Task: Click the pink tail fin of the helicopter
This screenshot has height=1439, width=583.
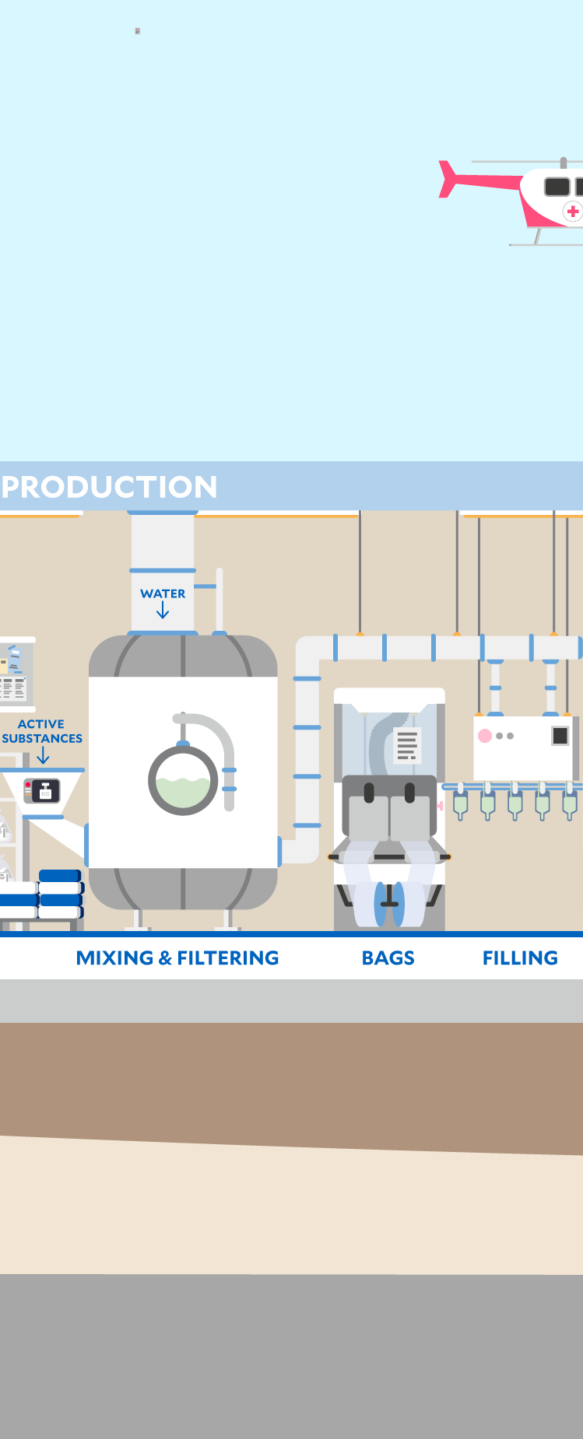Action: (449, 179)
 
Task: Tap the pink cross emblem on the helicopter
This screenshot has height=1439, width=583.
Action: (573, 211)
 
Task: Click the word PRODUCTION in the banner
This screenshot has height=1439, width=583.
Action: (110, 487)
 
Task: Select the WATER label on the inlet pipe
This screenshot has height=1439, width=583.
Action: (163, 593)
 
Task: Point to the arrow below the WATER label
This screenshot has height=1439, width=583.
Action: (163, 612)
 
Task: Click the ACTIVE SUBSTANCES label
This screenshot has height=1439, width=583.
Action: (42, 731)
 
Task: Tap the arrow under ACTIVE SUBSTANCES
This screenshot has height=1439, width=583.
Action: (43, 756)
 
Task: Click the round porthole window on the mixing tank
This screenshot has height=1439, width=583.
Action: (184, 780)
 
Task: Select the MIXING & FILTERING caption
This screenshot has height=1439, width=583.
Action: (177, 958)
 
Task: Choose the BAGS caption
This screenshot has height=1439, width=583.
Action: (388, 958)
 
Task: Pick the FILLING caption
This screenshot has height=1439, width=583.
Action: (520, 958)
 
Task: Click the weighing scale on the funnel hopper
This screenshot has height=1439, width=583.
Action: (42, 790)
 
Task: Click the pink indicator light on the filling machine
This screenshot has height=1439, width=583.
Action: (485, 736)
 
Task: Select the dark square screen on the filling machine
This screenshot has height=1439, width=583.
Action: (560, 736)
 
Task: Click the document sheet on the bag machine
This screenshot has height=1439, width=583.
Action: (407, 744)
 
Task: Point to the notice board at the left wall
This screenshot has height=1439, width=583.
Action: (16, 674)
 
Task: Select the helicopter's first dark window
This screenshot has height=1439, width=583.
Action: (557, 187)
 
